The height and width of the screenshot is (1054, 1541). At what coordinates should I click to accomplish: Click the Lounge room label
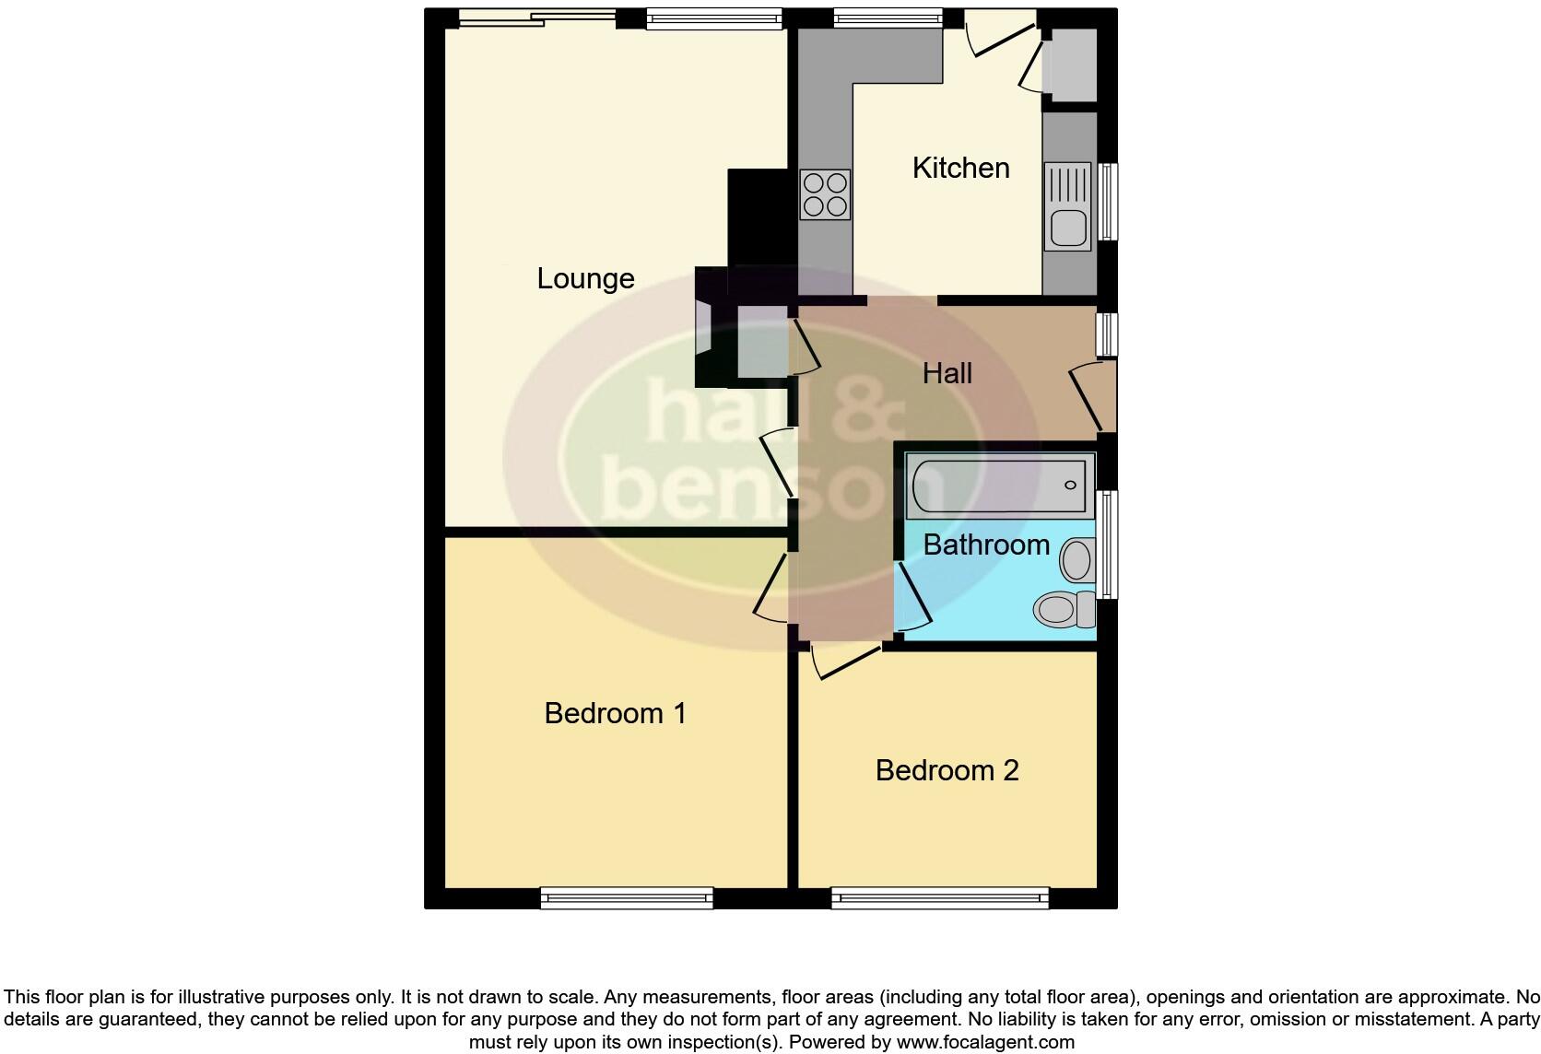pyautogui.click(x=585, y=278)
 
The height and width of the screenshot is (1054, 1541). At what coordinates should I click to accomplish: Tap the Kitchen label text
pyautogui.click(x=960, y=168)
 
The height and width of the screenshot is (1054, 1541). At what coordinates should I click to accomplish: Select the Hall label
pyautogui.click(x=947, y=373)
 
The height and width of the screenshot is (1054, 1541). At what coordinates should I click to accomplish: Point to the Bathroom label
pyautogui.click(x=985, y=545)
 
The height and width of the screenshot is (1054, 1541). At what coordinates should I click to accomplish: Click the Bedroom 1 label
pyautogui.click(x=615, y=713)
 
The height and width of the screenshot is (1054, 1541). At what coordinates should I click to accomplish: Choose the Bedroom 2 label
pyautogui.click(x=947, y=770)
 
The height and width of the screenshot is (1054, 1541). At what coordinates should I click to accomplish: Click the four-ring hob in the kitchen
pyautogui.click(x=825, y=194)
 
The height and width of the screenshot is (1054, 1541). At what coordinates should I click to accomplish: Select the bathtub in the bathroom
pyautogui.click(x=999, y=486)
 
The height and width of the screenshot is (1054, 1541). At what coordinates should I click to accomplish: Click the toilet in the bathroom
pyautogui.click(x=1063, y=609)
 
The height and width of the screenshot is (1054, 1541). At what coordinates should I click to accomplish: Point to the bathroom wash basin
pyautogui.click(x=1076, y=559)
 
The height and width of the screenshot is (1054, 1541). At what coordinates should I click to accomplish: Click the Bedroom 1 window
pyautogui.click(x=627, y=897)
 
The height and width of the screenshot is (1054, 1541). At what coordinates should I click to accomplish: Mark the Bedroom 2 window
pyautogui.click(x=939, y=897)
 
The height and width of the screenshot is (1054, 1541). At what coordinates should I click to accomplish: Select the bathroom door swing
pyautogui.click(x=912, y=599)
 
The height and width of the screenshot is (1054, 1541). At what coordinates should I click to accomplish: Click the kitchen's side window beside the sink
pyautogui.click(x=1109, y=202)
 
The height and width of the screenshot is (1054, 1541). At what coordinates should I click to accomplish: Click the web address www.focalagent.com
pyautogui.click(x=985, y=1043)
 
